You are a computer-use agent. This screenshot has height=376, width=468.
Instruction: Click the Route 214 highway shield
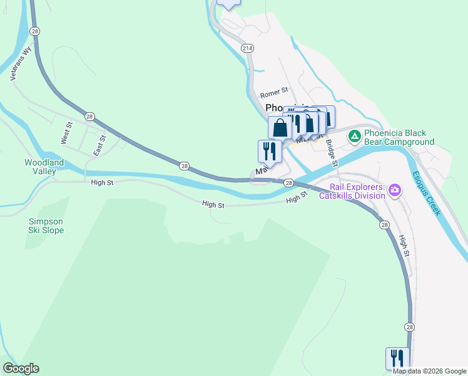coord(247,48)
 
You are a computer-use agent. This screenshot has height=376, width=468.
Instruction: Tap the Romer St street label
coord(273,95)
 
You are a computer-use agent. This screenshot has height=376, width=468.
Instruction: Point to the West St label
coord(66,133)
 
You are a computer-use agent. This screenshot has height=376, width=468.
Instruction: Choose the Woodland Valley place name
coord(44,167)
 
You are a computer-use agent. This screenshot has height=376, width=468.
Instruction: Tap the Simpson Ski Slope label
coord(46,226)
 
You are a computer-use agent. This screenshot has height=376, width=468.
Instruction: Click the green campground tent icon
coord(354,135)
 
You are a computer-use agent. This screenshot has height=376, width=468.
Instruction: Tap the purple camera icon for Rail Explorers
coord(394,189)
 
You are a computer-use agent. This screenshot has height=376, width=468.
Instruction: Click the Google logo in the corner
coord(21,368)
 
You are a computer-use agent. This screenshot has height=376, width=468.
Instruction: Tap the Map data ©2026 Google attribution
coord(429,371)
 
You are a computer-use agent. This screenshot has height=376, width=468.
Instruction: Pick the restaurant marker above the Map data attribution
coord(397,358)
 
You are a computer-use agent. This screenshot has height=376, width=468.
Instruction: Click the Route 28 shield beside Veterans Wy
coord(35,31)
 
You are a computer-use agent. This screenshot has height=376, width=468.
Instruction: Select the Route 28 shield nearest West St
coord(90,116)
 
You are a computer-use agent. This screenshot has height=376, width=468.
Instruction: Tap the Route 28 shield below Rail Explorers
coord(384,225)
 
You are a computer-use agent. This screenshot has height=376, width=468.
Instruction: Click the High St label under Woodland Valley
coord(102,183)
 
